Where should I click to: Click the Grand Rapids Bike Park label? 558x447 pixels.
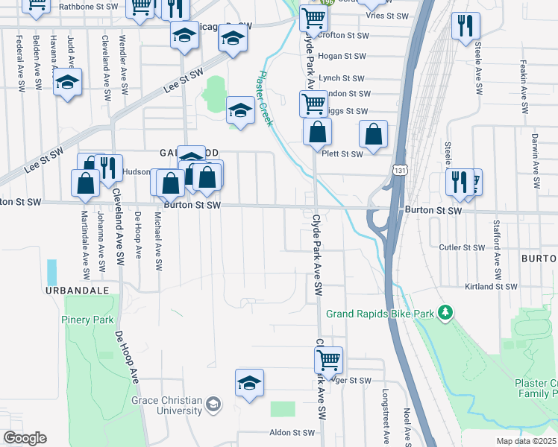pyautogui.click(x=380, y=314)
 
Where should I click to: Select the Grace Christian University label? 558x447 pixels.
pyautogui.click(x=167, y=405)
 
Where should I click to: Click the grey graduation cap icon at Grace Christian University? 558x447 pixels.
pyautogui.click(x=214, y=404)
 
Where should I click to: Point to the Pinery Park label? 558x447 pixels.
pyautogui.click(x=87, y=320)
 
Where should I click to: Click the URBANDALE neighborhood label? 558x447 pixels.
pyautogui.click(x=77, y=289)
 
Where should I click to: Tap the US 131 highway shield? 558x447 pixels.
pyautogui.click(x=401, y=171)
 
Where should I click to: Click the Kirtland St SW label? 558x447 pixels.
pyautogui.click(x=491, y=286)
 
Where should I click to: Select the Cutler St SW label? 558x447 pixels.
pyautogui.click(x=462, y=247)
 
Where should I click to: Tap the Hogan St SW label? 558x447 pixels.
pyautogui.click(x=342, y=56)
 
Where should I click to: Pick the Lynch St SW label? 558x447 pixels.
pyautogui.click(x=341, y=77)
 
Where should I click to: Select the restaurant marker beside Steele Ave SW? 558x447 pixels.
pyautogui.click(x=465, y=25)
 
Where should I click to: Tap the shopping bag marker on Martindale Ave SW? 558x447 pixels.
pyautogui.click(x=86, y=183)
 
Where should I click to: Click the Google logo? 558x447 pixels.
pyautogui.click(x=25, y=438)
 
